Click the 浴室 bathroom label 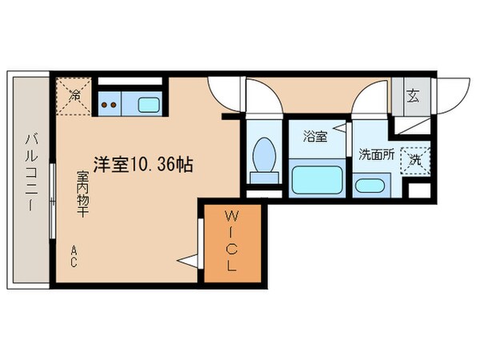[314, 137]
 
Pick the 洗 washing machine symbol [414, 158]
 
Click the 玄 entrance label [414, 98]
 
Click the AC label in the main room [73, 258]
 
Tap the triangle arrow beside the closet [186, 261]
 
